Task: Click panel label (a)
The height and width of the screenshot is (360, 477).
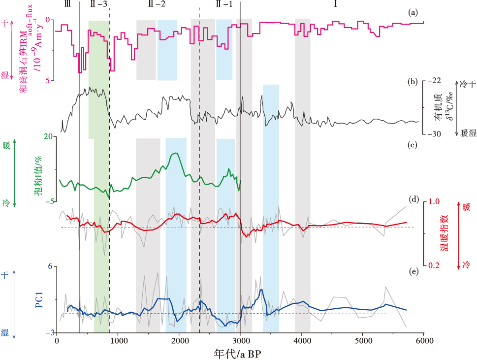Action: click(413, 12)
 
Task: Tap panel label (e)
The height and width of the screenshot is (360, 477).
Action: click(413, 270)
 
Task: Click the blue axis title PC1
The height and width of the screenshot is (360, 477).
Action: click(39, 299)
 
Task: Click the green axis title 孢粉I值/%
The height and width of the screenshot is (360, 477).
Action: click(38, 176)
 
